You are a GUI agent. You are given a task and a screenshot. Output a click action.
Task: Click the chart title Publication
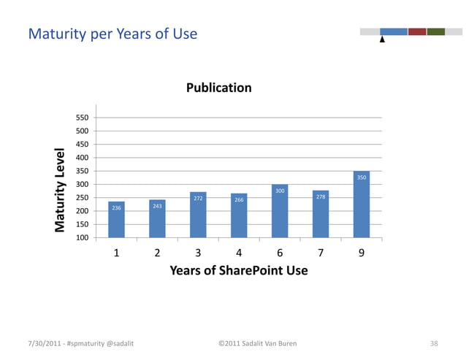click(218, 88)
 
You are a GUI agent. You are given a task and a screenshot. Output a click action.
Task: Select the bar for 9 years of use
click(362, 204)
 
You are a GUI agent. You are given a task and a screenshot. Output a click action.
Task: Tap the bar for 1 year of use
click(116, 220)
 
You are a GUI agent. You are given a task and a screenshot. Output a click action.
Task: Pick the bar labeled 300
click(280, 211)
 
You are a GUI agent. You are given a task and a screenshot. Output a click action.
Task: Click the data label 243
click(157, 206)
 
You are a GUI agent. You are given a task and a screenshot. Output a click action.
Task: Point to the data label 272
click(198, 198)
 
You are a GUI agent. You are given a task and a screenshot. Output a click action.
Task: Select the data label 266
click(239, 199)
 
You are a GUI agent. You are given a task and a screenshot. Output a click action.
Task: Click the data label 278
click(321, 197)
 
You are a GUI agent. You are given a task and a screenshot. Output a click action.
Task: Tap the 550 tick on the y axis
click(82, 118)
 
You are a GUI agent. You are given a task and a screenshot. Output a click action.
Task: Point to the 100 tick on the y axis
click(82, 238)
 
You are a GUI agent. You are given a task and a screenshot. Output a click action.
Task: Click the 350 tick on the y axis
click(82, 171)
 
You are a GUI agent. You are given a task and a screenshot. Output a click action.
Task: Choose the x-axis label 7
click(321, 253)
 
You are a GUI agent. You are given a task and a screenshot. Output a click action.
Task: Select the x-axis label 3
click(198, 253)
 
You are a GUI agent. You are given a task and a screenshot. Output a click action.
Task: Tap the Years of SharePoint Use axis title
click(238, 271)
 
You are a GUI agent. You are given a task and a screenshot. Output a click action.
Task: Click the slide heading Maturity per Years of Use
click(112, 34)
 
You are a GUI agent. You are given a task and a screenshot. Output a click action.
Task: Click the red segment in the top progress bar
click(417, 31)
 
